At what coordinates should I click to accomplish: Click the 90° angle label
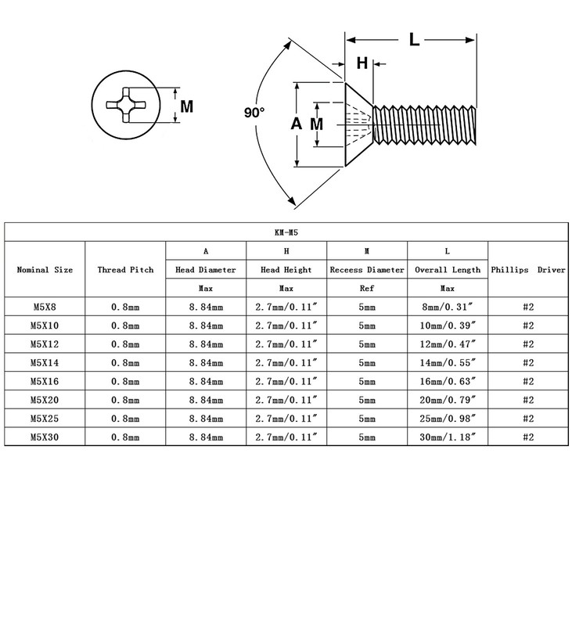click(x=254, y=113)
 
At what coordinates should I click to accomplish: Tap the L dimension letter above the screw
click(x=414, y=40)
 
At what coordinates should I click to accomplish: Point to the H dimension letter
click(x=362, y=63)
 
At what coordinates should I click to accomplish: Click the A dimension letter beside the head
click(x=297, y=124)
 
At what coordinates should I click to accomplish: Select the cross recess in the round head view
click(x=126, y=105)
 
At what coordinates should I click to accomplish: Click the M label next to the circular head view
click(x=187, y=106)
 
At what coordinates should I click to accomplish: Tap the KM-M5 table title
click(x=286, y=232)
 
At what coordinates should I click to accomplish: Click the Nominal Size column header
click(x=45, y=269)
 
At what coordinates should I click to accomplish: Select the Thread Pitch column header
click(x=125, y=269)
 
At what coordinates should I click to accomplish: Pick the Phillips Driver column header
click(x=528, y=269)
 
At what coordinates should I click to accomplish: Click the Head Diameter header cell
click(x=206, y=269)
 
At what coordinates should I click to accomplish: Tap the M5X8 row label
click(x=45, y=307)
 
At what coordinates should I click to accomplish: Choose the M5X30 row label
click(x=45, y=437)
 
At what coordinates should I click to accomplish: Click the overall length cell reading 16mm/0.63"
click(x=448, y=381)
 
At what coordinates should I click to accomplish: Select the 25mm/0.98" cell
click(x=448, y=419)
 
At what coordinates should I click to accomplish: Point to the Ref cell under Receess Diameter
click(x=367, y=288)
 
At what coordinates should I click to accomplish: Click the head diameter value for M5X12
click(x=206, y=344)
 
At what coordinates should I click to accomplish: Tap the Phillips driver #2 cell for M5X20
click(x=528, y=400)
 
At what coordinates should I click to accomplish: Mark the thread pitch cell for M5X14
click(x=125, y=363)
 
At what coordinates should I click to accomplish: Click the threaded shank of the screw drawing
click(x=425, y=125)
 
